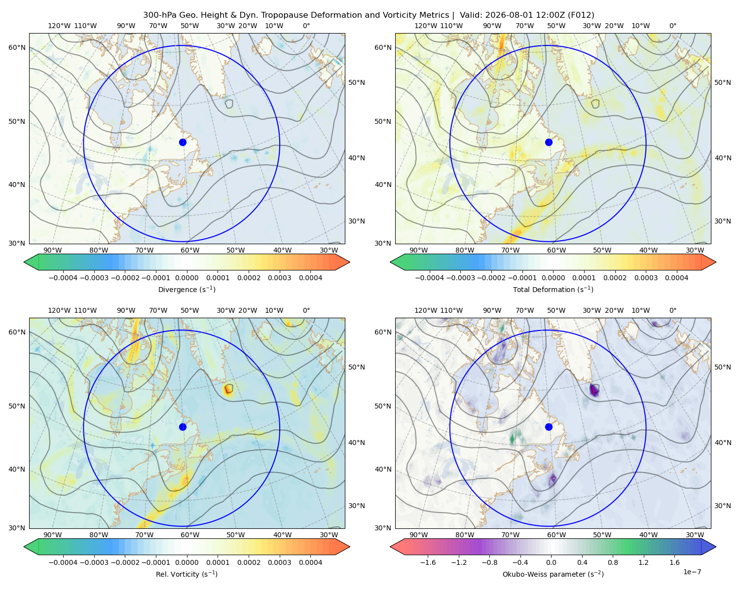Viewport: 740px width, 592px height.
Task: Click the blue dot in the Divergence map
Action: click(183, 143)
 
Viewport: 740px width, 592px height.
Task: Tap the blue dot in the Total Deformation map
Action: click(549, 143)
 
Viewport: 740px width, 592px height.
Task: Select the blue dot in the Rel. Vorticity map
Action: click(183, 427)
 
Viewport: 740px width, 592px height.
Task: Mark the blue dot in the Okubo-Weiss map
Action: click(549, 427)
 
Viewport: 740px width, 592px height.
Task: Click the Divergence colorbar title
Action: click(186, 290)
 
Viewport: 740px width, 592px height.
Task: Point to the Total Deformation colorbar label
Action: click(553, 290)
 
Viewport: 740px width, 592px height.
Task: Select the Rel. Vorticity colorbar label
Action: click(186, 574)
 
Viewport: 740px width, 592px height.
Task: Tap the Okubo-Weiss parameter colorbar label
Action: click(553, 574)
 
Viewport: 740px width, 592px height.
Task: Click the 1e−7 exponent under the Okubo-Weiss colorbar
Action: click(692, 572)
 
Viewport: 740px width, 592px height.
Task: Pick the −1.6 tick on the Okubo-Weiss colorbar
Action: click(428, 562)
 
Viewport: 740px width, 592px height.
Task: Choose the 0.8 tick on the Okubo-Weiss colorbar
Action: click(613, 562)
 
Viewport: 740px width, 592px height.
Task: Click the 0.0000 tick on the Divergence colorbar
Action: click(186, 278)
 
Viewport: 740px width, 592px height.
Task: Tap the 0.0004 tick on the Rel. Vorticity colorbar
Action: click(310, 562)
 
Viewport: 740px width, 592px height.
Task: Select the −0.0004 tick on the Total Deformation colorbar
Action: click(430, 278)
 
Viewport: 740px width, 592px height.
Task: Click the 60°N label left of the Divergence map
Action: click(17, 47)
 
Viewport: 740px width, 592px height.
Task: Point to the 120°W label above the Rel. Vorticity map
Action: click(59, 310)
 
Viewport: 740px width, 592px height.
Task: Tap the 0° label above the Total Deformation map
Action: click(673, 26)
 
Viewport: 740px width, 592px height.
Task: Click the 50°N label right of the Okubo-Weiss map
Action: click(723, 367)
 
